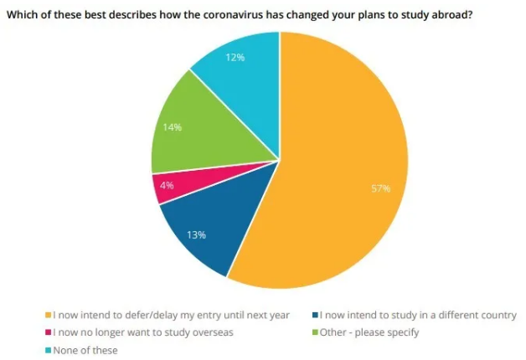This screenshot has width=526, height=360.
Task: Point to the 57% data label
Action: coord(381,188)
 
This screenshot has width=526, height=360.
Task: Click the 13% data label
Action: coord(197,235)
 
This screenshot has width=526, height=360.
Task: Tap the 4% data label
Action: coord(167,186)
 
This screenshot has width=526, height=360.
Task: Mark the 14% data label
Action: coord(173,128)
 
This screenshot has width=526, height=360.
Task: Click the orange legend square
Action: coord(47,316)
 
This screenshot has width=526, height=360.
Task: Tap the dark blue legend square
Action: coord(314,316)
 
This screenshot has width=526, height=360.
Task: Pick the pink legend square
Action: coord(47,332)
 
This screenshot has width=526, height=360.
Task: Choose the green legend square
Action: coord(314,332)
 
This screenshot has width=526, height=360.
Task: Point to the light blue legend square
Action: coord(47,350)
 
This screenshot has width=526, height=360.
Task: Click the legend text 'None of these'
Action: coord(85,350)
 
